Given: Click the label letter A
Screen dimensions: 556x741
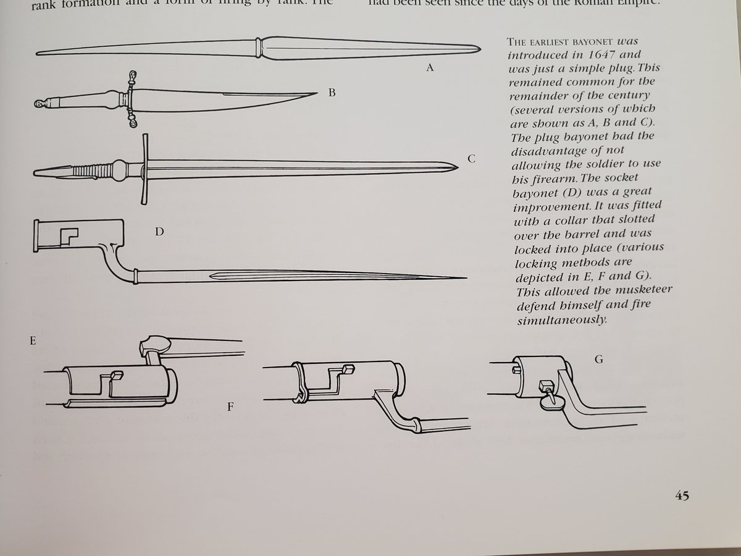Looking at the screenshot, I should click(430, 68).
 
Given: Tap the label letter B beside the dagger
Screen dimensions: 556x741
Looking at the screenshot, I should click(332, 93).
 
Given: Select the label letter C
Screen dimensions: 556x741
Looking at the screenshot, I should click(471, 159).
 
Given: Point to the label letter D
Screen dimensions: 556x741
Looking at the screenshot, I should click(159, 232).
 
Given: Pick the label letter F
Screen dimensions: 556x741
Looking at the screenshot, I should click(230, 408).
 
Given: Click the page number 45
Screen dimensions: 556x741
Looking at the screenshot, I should click(682, 495).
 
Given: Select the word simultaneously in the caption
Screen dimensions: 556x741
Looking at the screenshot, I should click(560, 321).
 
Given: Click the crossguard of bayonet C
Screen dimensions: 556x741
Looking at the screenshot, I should click(144, 168).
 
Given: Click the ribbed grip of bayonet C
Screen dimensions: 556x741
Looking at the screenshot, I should click(93, 170).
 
